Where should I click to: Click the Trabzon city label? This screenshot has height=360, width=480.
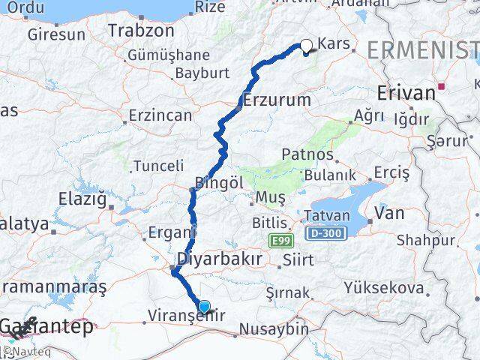(x=141, y=31)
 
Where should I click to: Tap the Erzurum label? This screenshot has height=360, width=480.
(x=277, y=99)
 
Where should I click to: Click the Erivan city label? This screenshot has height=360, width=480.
(x=406, y=93)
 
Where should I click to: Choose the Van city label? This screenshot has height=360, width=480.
(x=389, y=213)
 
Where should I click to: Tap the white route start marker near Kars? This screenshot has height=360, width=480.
(x=306, y=45)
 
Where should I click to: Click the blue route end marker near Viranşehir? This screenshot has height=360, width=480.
(x=204, y=307)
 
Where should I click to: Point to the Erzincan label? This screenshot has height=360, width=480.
(x=160, y=115)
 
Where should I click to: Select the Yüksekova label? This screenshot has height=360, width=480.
(x=384, y=286)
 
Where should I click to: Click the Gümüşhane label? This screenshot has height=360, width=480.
(x=168, y=55)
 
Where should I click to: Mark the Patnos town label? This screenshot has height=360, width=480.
(x=307, y=154)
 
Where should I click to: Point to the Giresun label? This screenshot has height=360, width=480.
(x=56, y=34)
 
